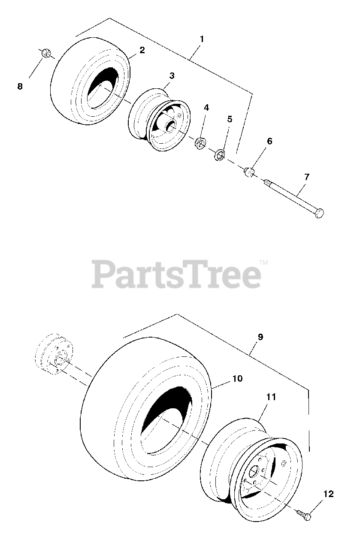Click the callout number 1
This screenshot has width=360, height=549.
[x=202, y=39]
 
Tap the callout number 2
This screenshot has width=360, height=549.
[x=142, y=50]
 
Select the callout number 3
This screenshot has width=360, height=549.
[x=172, y=76]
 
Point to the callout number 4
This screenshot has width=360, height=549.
[x=206, y=108]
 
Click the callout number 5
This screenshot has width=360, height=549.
[x=230, y=119]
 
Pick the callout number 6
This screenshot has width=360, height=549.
[x=269, y=141]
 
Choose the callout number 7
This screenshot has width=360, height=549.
[x=306, y=176]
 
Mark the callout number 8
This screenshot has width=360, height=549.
[x=20, y=86]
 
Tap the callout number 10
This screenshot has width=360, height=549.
[x=237, y=379]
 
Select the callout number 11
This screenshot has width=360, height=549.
[x=271, y=397]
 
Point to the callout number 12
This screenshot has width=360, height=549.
[x=328, y=494]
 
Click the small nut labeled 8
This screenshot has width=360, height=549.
[x=46, y=54]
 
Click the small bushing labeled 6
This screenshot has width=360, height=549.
[x=249, y=172]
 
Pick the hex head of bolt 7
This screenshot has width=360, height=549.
[x=319, y=213]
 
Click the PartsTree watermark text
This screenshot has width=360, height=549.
[x=177, y=274]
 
